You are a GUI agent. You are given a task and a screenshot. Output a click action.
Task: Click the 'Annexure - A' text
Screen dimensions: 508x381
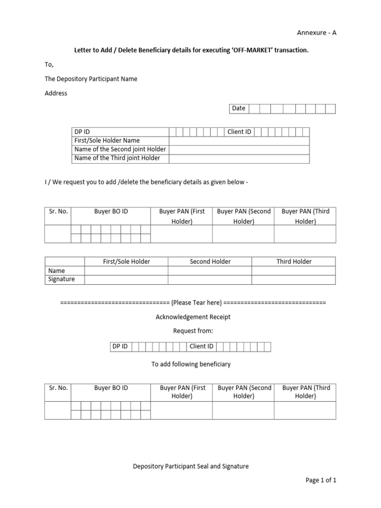coord(317,33)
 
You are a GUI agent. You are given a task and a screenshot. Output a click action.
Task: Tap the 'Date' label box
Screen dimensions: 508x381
coord(239,108)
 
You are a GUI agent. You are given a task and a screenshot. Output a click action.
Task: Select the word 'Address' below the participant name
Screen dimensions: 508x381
coord(56,93)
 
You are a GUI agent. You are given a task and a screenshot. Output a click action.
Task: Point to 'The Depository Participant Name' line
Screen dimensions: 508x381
coord(91,79)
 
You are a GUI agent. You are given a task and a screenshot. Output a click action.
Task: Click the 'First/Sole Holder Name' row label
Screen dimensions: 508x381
coord(107,140)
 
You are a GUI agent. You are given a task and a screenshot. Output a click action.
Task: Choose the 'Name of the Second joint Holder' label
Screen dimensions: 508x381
coord(120,149)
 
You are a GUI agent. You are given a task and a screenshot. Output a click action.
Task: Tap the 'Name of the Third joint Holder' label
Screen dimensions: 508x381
coord(117,158)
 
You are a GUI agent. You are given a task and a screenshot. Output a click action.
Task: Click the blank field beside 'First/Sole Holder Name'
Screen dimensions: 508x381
coord(239,140)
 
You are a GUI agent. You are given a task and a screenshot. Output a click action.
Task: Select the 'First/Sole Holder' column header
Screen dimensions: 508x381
coord(126,261)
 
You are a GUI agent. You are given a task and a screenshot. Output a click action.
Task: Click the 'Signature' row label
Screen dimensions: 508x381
coord(62,279)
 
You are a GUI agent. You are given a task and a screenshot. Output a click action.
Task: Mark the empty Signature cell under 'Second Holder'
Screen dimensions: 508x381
coord(210,280)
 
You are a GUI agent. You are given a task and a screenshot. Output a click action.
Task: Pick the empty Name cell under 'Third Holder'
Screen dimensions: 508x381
coord(294,271)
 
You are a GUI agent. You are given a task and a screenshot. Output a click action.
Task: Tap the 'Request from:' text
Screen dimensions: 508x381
coord(192,331)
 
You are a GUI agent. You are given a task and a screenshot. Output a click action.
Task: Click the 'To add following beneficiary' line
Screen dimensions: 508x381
coord(191,364)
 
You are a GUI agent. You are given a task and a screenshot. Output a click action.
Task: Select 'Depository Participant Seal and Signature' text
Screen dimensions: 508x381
coord(191,466)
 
